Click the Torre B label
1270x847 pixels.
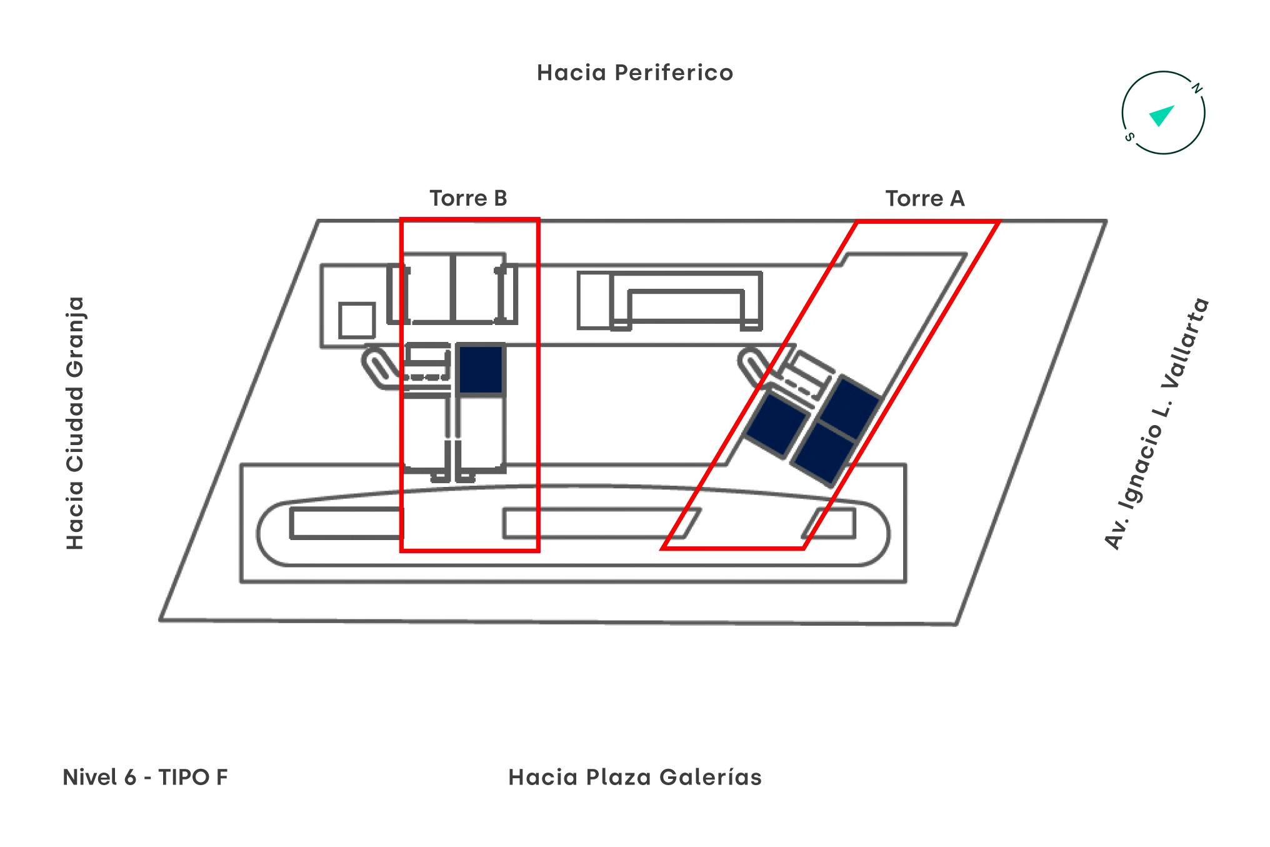468,198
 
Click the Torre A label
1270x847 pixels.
925,198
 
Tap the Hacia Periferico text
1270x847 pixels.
634,73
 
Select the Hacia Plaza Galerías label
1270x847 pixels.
635,777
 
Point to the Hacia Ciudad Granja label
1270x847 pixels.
75,423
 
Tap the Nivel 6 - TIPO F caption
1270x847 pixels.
145,777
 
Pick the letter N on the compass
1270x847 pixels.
1197,89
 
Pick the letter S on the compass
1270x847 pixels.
1129,137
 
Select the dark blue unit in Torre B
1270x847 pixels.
481,369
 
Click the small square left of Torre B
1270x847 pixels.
357,320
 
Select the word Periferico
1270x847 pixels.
673,73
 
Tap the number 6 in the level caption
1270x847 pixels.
130,777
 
